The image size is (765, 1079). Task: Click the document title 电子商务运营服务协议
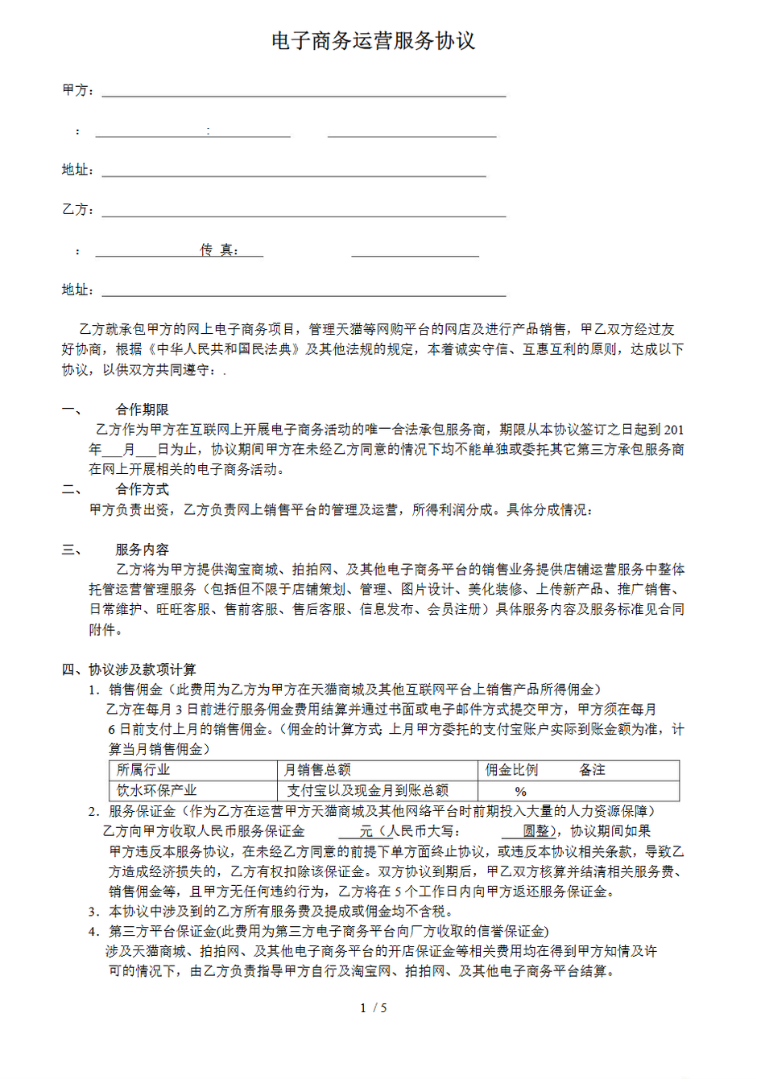click(374, 41)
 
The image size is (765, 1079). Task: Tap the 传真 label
click(217, 250)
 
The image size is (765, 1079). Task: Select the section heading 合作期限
click(143, 410)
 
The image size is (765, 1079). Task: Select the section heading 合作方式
click(143, 489)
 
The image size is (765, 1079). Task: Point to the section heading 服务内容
click(143, 550)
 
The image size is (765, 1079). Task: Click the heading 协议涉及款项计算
click(142, 669)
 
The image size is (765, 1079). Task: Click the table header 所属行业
click(143, 770)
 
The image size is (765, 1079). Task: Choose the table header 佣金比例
click(511, 770)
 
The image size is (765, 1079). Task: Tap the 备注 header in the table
click(592, 770)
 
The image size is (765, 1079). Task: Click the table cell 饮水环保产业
click(156, 791)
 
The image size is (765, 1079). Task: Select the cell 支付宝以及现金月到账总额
click(368, 791)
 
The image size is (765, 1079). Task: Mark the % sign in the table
click(520, 792)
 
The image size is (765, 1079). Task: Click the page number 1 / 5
click(374, 1008)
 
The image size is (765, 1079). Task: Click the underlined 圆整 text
click(535, 831)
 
